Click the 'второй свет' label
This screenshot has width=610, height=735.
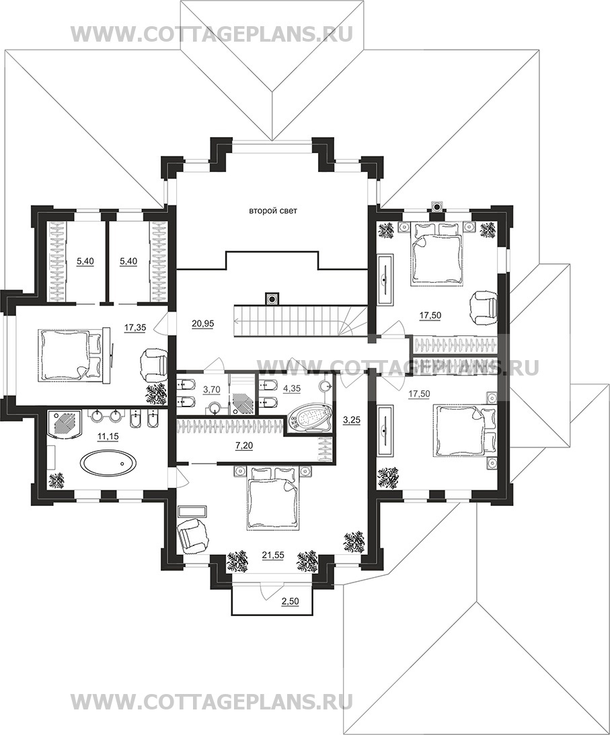[x=272, y=211]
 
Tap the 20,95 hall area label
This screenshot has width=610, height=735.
[x=202, y=322]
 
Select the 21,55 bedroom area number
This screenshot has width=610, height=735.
[x=274, y=556]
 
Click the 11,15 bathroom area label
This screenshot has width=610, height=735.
[x=108, y=437]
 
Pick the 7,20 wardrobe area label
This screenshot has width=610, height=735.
[x=244, y=446]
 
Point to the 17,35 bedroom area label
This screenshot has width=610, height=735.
[x=135, y=328]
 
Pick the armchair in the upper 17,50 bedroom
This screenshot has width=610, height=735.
[x=484, y=307]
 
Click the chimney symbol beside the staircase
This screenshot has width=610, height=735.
[x=272, y=298]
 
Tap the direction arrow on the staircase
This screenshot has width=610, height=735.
[x=282, y=321]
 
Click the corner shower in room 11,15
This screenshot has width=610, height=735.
[x=64, y=423]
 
